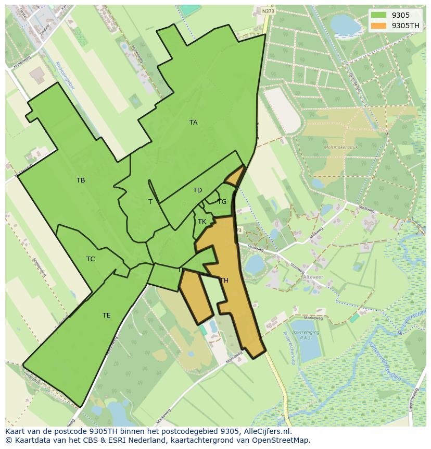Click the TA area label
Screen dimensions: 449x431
pyautogui.click(x=193, y=123)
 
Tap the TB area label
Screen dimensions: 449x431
pyautogui.click(x=81, y=180)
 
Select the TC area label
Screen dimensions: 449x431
pyautogui.click(x=91, y=259)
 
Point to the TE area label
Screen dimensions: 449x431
pyautogui.click(x=106, y=315)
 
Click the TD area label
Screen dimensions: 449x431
pyautogui.click(x=197, y=190)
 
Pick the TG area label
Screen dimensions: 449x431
pyautogui.click(x=222, y=202)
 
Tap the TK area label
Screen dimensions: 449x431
pyautogui.click(x=202, y=222)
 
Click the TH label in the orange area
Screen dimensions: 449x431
pyautogui.click(x=224, y=281)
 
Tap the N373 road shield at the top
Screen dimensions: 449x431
pyautogui.click(x=268, y=10)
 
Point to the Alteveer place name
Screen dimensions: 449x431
pyautogui.click(x=314, y=277)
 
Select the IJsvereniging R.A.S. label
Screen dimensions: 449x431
pyautogui.click(x=306, y=334)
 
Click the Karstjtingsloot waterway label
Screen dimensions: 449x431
pyautogui.click(x=65, y=76)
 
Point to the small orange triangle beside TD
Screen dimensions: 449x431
pyautogui.click(x=235, y=176)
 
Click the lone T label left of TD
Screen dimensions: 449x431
pyautogui.click(x=150, y=202)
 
